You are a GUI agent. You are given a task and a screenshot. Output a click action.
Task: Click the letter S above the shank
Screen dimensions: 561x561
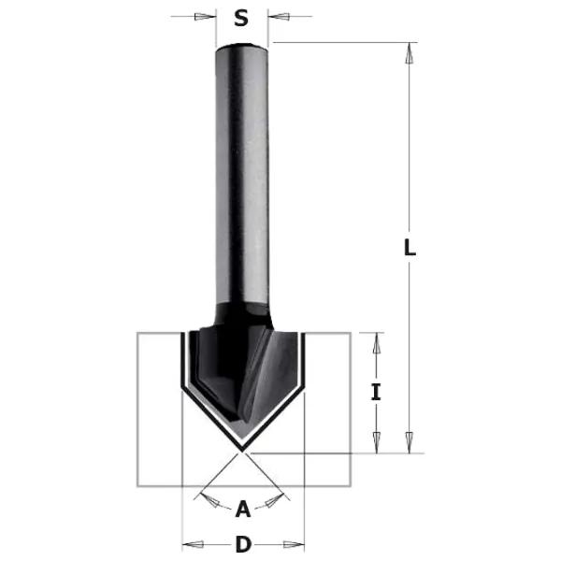[x=241, y=17]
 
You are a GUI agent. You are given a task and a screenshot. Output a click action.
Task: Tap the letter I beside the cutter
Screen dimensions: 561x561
[x=376, y=393]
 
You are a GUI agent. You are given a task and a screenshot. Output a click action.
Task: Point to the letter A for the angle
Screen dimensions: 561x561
[x=243, y=509]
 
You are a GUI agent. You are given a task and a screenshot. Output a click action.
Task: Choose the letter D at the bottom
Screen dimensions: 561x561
[x=243, y=543]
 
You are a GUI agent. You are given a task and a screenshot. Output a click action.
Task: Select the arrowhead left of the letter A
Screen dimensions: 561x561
[x=216, y=504]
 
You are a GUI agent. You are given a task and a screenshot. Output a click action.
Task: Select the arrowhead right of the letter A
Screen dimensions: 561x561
[x=271, y=504]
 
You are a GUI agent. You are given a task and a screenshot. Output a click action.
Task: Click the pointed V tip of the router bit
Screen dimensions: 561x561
[x=243, y=447]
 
